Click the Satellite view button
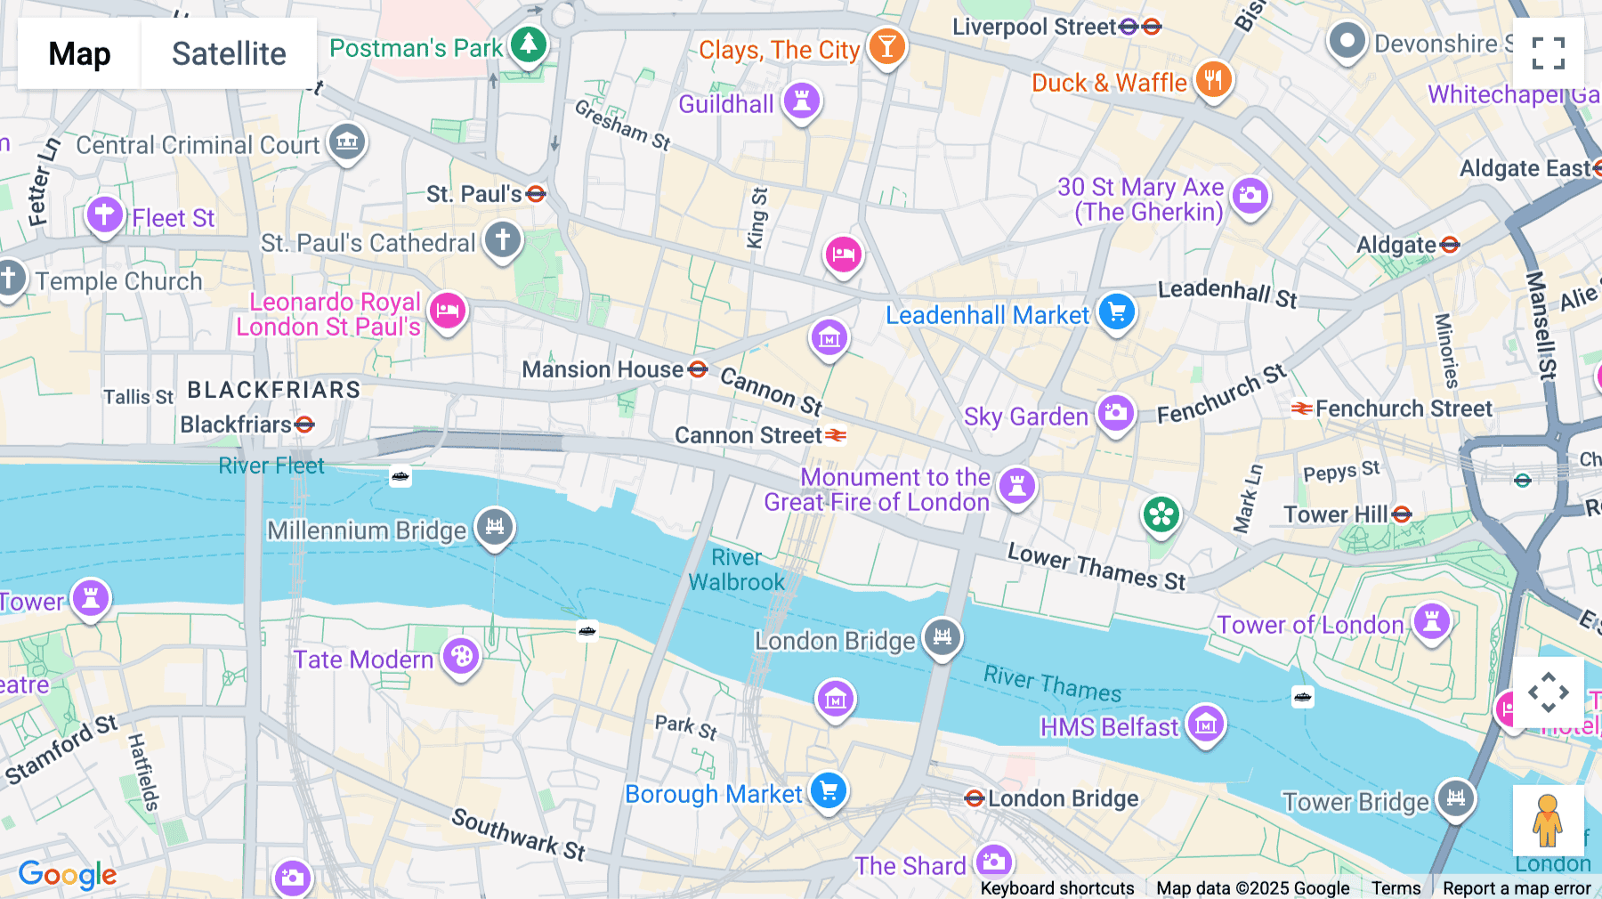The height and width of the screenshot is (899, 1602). click(229, 53)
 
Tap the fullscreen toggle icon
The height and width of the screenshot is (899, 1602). click(1548, 53)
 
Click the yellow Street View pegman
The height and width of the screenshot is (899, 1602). click(1548, 820)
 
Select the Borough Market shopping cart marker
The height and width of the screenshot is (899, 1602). click(829, 790)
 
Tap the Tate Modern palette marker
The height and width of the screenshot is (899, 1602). click(461, 657)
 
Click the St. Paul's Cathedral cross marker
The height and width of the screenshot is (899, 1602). click(503, 239)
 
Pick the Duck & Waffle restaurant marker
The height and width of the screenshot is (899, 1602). click(1213, 80)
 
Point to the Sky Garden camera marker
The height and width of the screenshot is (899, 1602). click(1115, 413)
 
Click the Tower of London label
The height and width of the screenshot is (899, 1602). click(1310, 625)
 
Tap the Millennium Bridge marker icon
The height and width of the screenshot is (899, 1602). click(495, 526)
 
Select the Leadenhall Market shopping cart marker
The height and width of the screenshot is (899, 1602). click(1117, 312)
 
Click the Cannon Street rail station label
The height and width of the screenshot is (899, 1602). click(748, 435)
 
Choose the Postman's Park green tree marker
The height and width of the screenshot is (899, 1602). click(529, 44)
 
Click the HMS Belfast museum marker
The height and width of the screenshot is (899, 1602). click(1206, 724)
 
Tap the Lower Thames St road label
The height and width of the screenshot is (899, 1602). click(1096, 566)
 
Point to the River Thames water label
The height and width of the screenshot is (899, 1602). click(1052, 684)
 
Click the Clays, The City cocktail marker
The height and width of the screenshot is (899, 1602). click(886, 45)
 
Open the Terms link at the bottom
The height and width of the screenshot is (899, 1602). click(1396, 887)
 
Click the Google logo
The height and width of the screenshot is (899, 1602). click(68, 875)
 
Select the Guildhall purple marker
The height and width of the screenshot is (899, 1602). click(801, 101)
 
